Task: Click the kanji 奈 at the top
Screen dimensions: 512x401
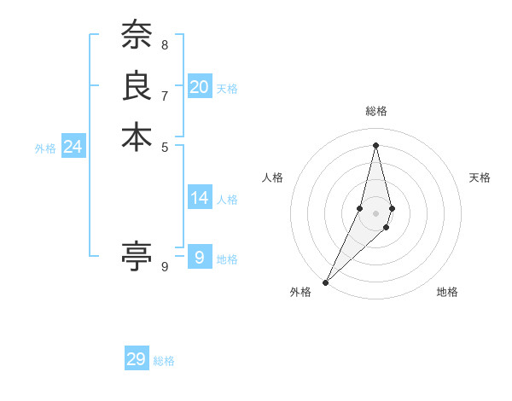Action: [x=137, y=35]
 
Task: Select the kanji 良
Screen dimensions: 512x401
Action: [x=137, y=86]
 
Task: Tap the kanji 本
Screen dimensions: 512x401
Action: [x=137, y=137]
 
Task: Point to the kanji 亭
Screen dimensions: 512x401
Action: [x=137, y=256]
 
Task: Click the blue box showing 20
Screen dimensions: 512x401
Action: [x=199, y=87]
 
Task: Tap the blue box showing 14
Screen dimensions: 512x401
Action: [x=199, y=198]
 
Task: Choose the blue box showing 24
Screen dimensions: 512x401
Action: [x=73, y=147]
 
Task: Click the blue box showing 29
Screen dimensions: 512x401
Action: [x=137, y=359]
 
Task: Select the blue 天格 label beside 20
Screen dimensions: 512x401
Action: [x=227, y=89]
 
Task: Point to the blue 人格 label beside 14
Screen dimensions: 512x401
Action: [x=227, y=200]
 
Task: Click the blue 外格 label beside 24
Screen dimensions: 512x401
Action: [x=45, y=148]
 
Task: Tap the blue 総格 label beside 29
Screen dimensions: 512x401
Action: [x=164, y=361]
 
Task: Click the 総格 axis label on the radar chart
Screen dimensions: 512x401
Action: [x=376, y=112]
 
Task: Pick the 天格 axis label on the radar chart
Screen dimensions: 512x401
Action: [x=480, y=177]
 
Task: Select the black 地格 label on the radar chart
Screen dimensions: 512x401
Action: [x=447, y=292]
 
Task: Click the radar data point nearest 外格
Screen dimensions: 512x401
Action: [x=326, y=282]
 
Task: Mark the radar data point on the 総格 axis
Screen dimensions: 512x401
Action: [x=376, y=144]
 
